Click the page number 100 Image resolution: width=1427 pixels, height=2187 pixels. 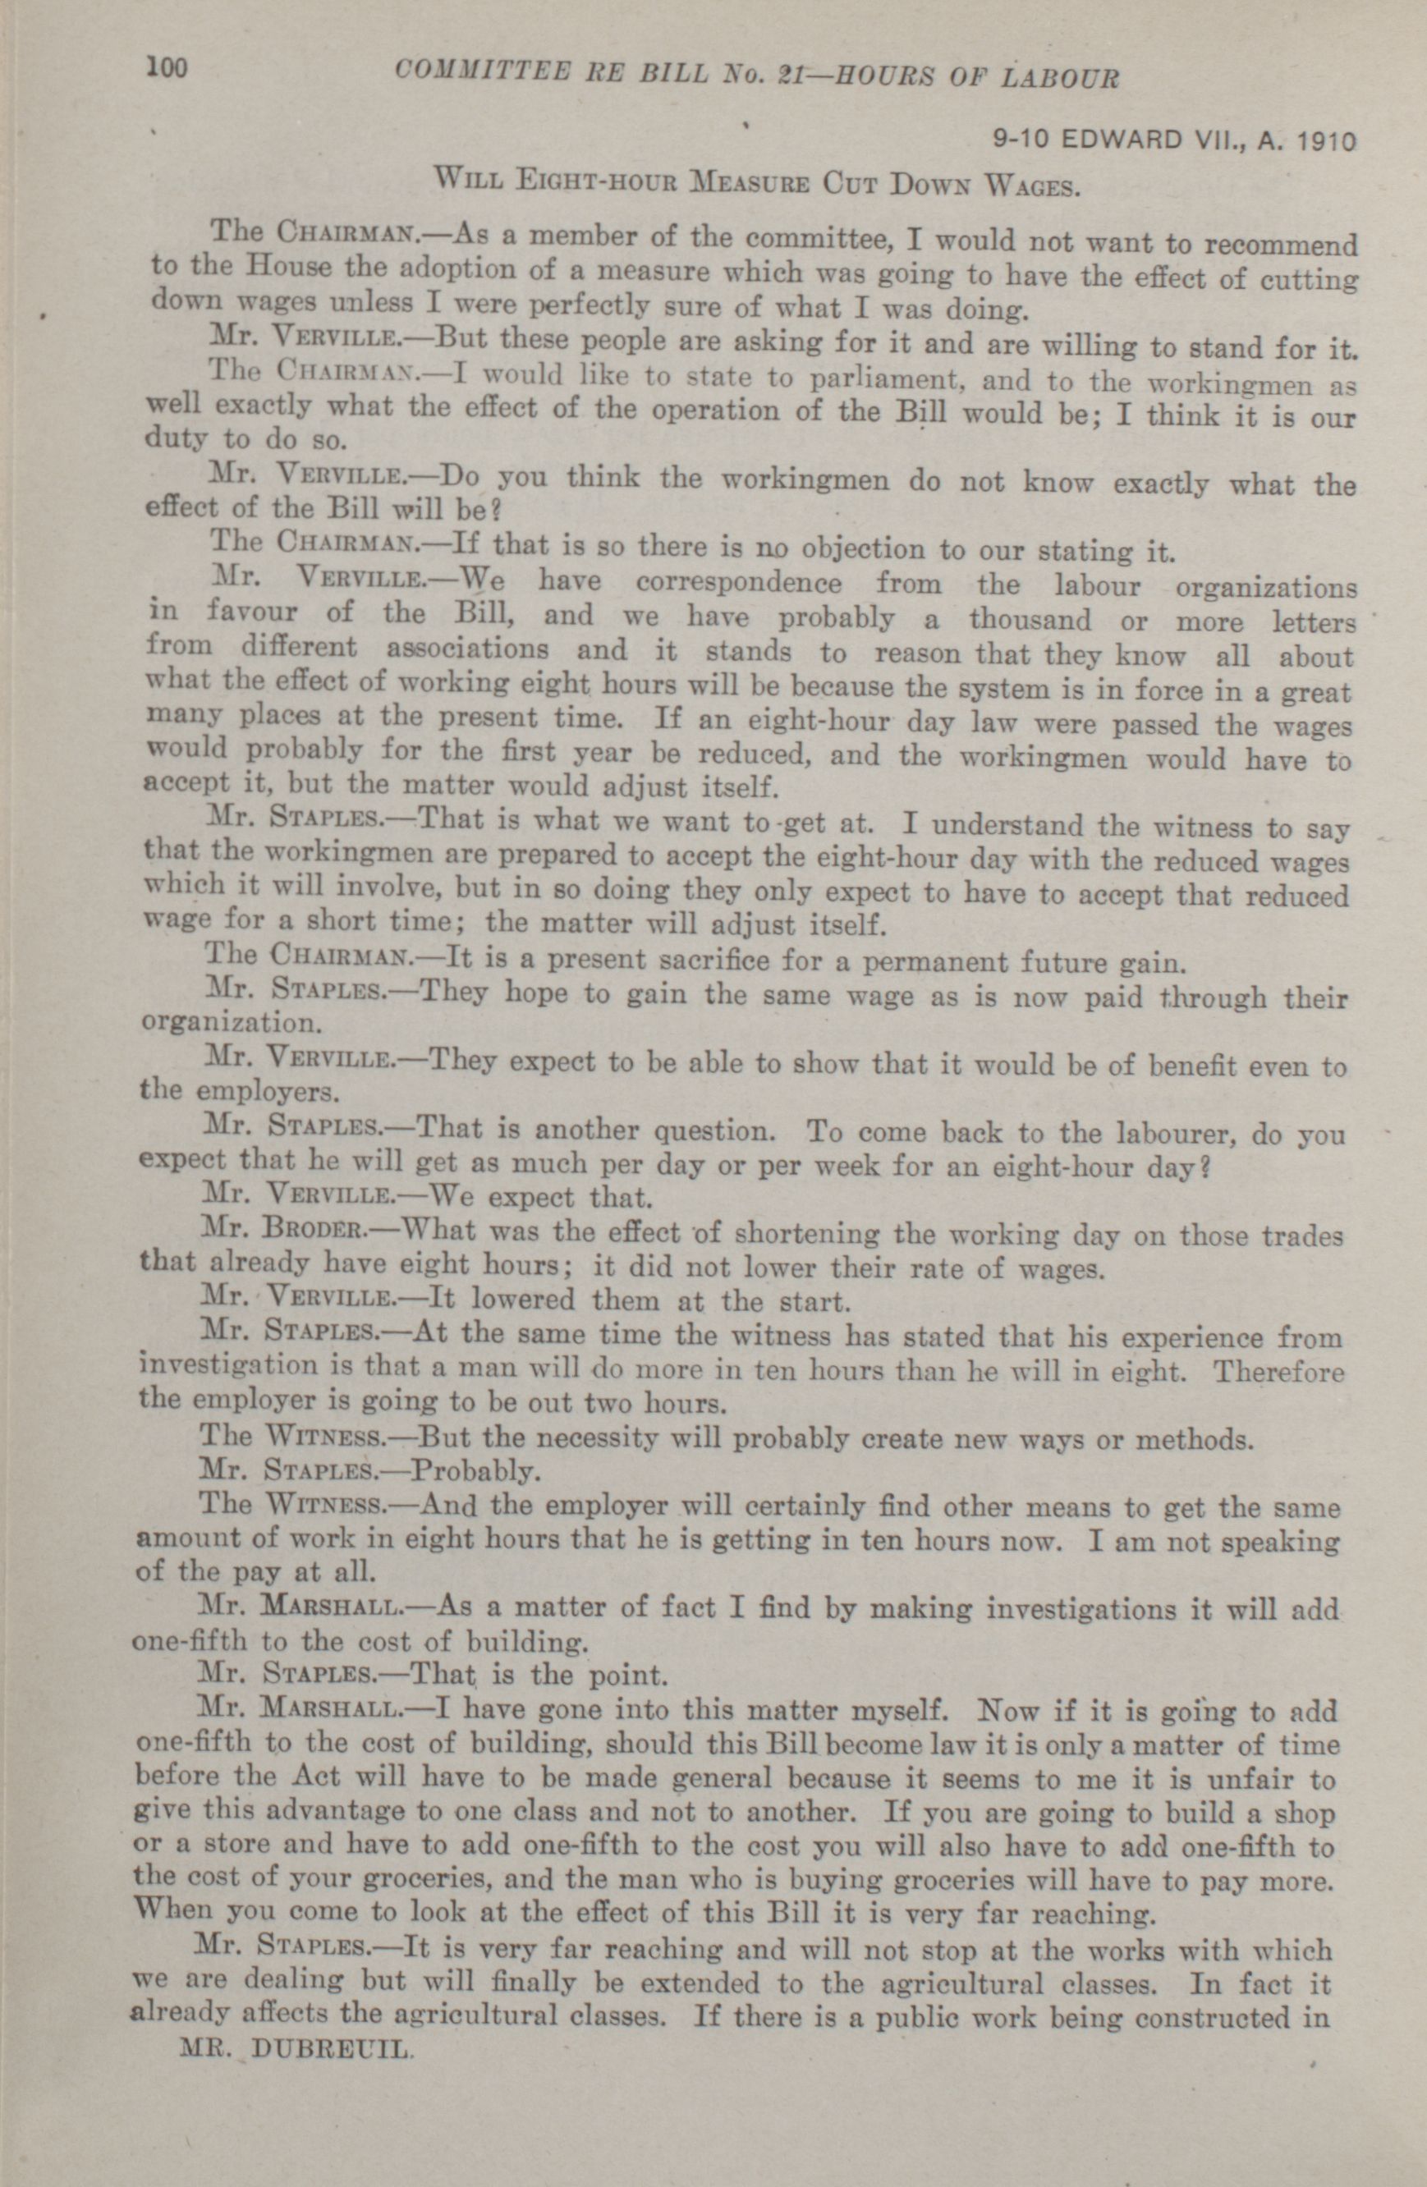(x=167, y=68)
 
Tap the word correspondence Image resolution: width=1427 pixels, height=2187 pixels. (x=738, y=584)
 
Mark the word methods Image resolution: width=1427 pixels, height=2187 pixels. (x=1194, y=1440)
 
